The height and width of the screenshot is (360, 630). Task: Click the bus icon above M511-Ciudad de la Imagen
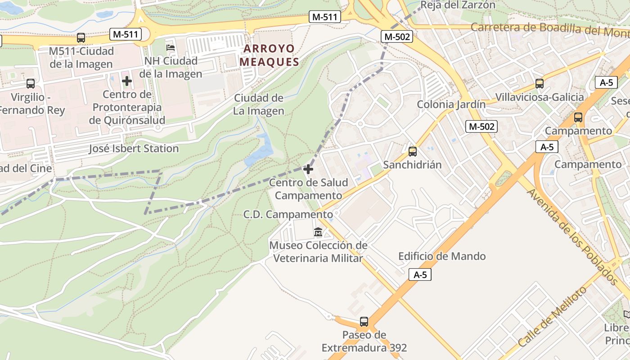pos(81,38)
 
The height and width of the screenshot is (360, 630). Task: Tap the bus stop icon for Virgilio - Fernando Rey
pos(31,83)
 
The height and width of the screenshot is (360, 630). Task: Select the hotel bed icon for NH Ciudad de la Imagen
pos(171,47)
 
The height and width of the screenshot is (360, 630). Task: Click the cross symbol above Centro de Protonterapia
pos(127,81)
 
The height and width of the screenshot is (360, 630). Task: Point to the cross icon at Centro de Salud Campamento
pos(308,169)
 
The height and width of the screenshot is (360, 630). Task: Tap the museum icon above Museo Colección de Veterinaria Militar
pos(318,232)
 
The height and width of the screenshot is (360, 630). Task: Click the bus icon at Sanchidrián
pos(412,152)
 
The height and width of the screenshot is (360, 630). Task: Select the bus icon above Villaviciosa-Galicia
pos(539,83)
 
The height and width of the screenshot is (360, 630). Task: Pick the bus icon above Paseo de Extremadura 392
pos(364,322)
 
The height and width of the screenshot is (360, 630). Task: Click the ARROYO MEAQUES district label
pos(270,55)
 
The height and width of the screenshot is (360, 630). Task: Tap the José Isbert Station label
pos(134,148)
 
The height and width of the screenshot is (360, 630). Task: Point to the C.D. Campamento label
pos(288,215)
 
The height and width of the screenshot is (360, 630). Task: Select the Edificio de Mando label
pos(442,256)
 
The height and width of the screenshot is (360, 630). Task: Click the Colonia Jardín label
pos(451,104)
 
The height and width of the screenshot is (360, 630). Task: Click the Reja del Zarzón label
pos(458,5)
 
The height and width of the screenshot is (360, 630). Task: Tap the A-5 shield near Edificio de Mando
pos(420,274)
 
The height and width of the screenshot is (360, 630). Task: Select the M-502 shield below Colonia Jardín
pos(481,126)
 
